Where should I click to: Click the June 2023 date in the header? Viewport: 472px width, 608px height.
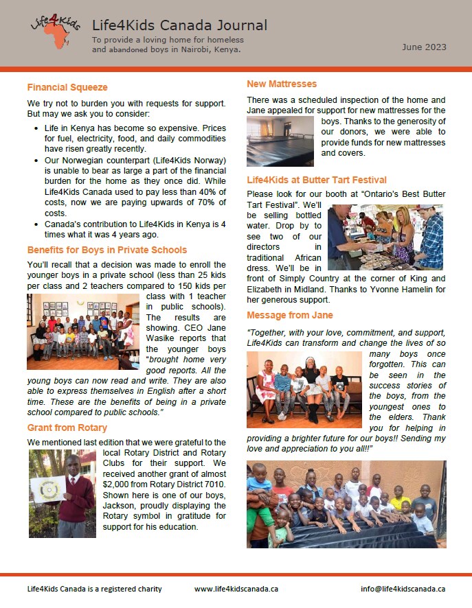tap(424, 47)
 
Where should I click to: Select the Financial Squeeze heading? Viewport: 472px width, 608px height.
tap(67, 87)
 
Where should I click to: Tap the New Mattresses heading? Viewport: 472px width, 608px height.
tap(282, 84)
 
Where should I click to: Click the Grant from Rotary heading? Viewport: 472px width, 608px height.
tap(67, 428)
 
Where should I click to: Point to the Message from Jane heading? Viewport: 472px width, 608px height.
tap(290, 315)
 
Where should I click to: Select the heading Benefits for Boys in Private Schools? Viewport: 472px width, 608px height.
tap(107, 250)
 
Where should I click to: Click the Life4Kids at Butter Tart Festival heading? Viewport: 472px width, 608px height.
tap(317, 180)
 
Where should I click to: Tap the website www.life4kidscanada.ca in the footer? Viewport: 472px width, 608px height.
tap(236, 589)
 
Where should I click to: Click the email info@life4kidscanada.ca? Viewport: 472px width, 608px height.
tap(403, 589)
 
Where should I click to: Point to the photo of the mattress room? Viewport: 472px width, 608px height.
tap(280, 141)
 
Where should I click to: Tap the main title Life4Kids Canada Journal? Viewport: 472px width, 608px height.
tap(180, 26)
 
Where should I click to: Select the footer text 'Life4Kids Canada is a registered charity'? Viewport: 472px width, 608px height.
tap(94, 589)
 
